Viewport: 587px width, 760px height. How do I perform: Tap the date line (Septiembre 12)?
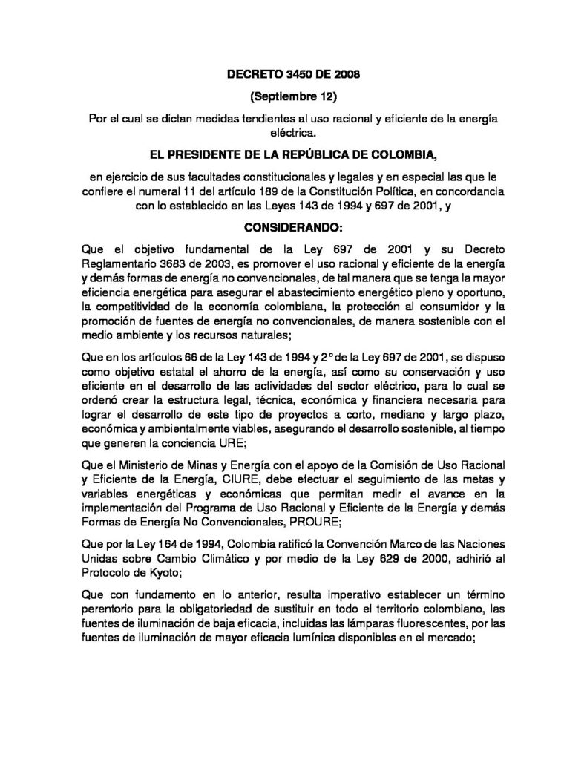coord(293,96)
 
